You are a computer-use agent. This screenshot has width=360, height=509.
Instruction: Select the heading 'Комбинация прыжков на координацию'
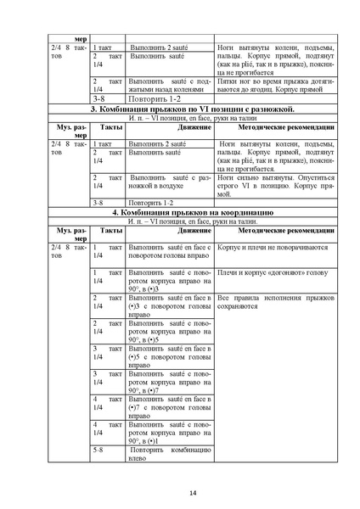(x=192, y=211)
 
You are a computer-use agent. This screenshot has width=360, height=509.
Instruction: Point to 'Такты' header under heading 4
(x=110, y=229)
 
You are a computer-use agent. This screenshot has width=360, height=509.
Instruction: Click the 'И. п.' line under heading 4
(x=192, y=221)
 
